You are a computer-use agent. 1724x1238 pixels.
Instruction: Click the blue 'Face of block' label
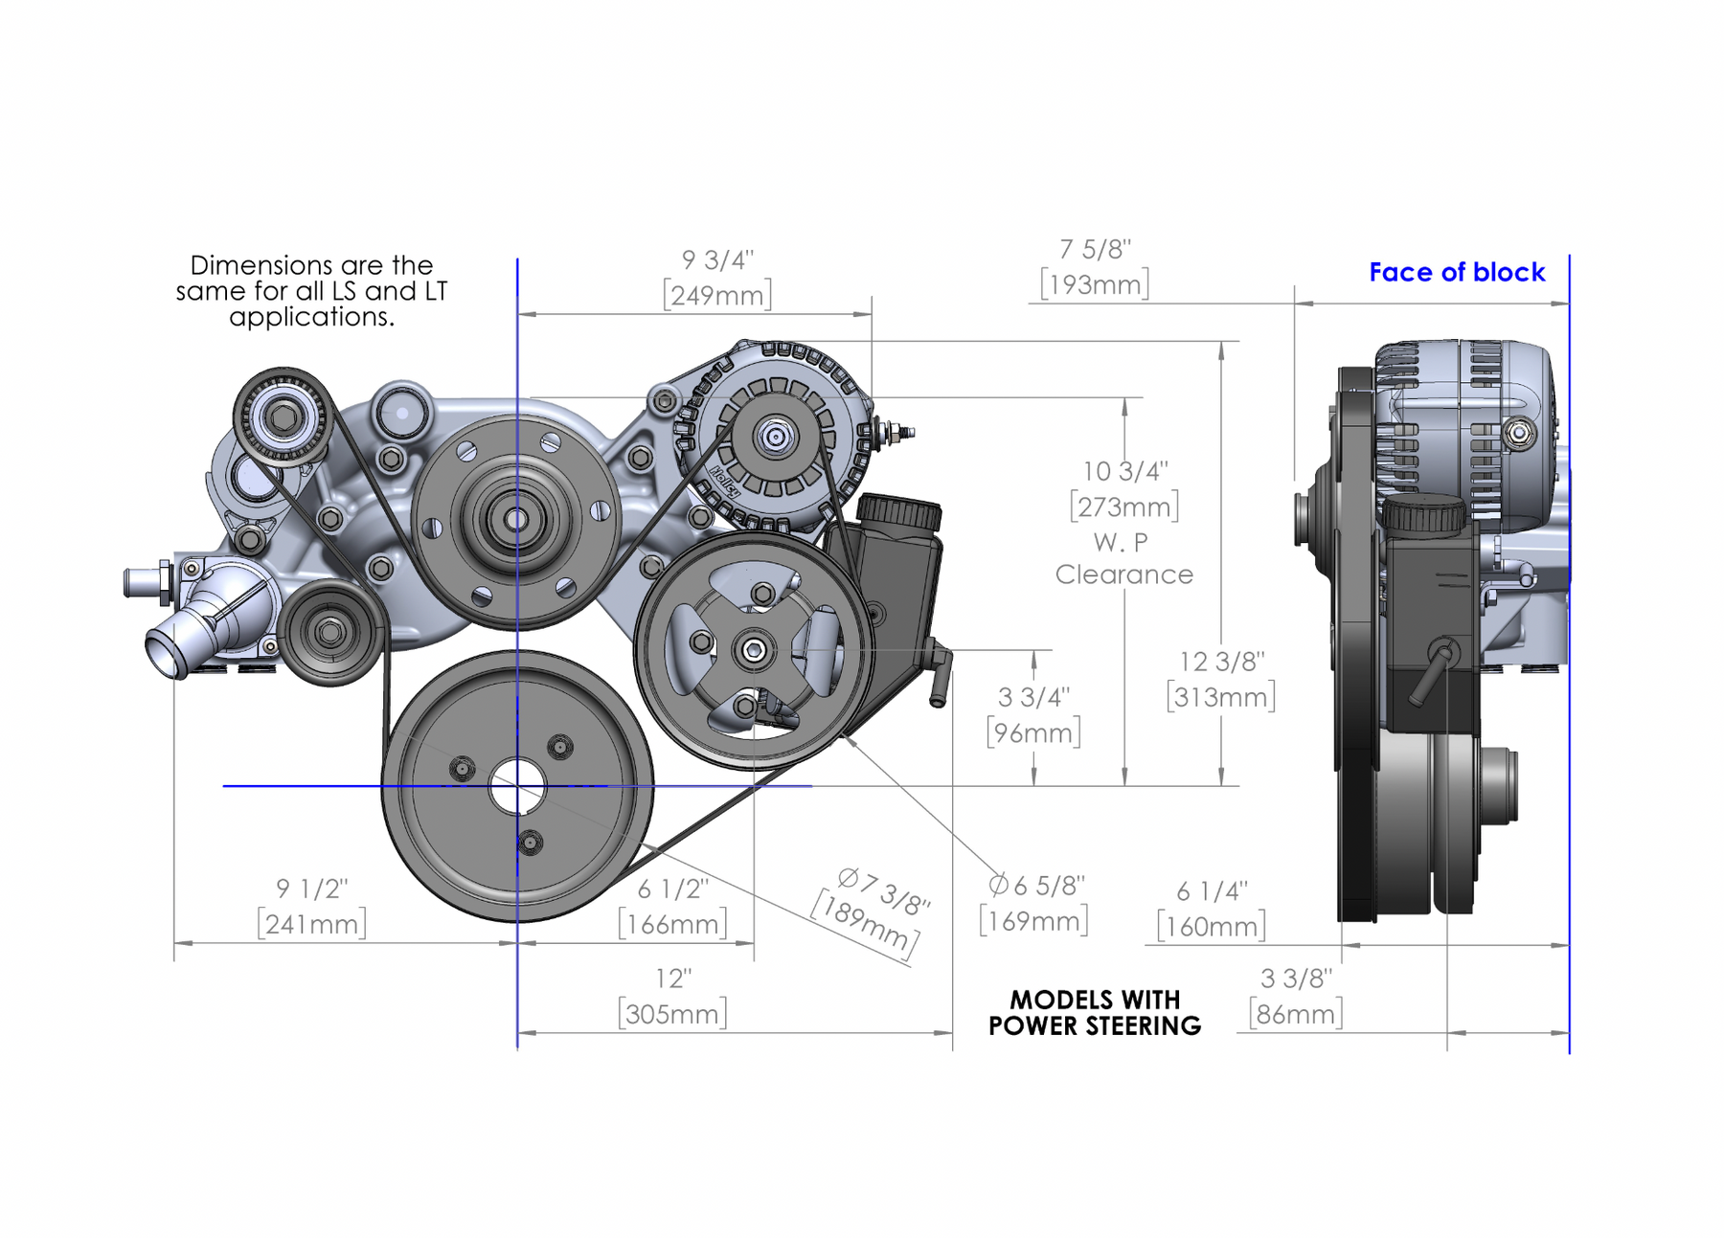(x=1456, y=273)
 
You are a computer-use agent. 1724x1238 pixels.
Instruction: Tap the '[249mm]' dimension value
(x=717, y=295)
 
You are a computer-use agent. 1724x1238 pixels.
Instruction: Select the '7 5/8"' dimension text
(x=1095, y=250)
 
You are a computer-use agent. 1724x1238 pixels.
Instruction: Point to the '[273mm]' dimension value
(x=1124, y=506)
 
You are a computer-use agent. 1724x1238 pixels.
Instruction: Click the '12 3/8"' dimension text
(x=1221, y=662)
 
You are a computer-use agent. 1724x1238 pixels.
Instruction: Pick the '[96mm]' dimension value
(x=1033, y=733)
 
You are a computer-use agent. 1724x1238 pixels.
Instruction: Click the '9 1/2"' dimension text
(x=311, y=889)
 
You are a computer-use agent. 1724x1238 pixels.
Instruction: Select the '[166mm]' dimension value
(x=672, y=925)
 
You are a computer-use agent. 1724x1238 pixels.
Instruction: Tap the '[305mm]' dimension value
(x=672, y=1014)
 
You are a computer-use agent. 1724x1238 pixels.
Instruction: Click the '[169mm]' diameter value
(x=1033, y=922)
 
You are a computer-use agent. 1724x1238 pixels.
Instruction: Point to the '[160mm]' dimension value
(x=1211, y=927)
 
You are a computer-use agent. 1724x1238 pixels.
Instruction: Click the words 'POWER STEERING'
(x=1095, y=1026)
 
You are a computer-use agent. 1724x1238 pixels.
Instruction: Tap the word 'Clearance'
(x=1124, y=574)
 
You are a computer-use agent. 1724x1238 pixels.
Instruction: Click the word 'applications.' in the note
(x=311, y=317)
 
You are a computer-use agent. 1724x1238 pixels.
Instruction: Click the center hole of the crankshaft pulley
(x=517, y=787)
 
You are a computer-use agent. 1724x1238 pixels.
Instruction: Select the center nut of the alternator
(x=774, y=438)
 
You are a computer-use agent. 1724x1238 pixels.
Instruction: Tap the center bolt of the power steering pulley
(x=754, y=651)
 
